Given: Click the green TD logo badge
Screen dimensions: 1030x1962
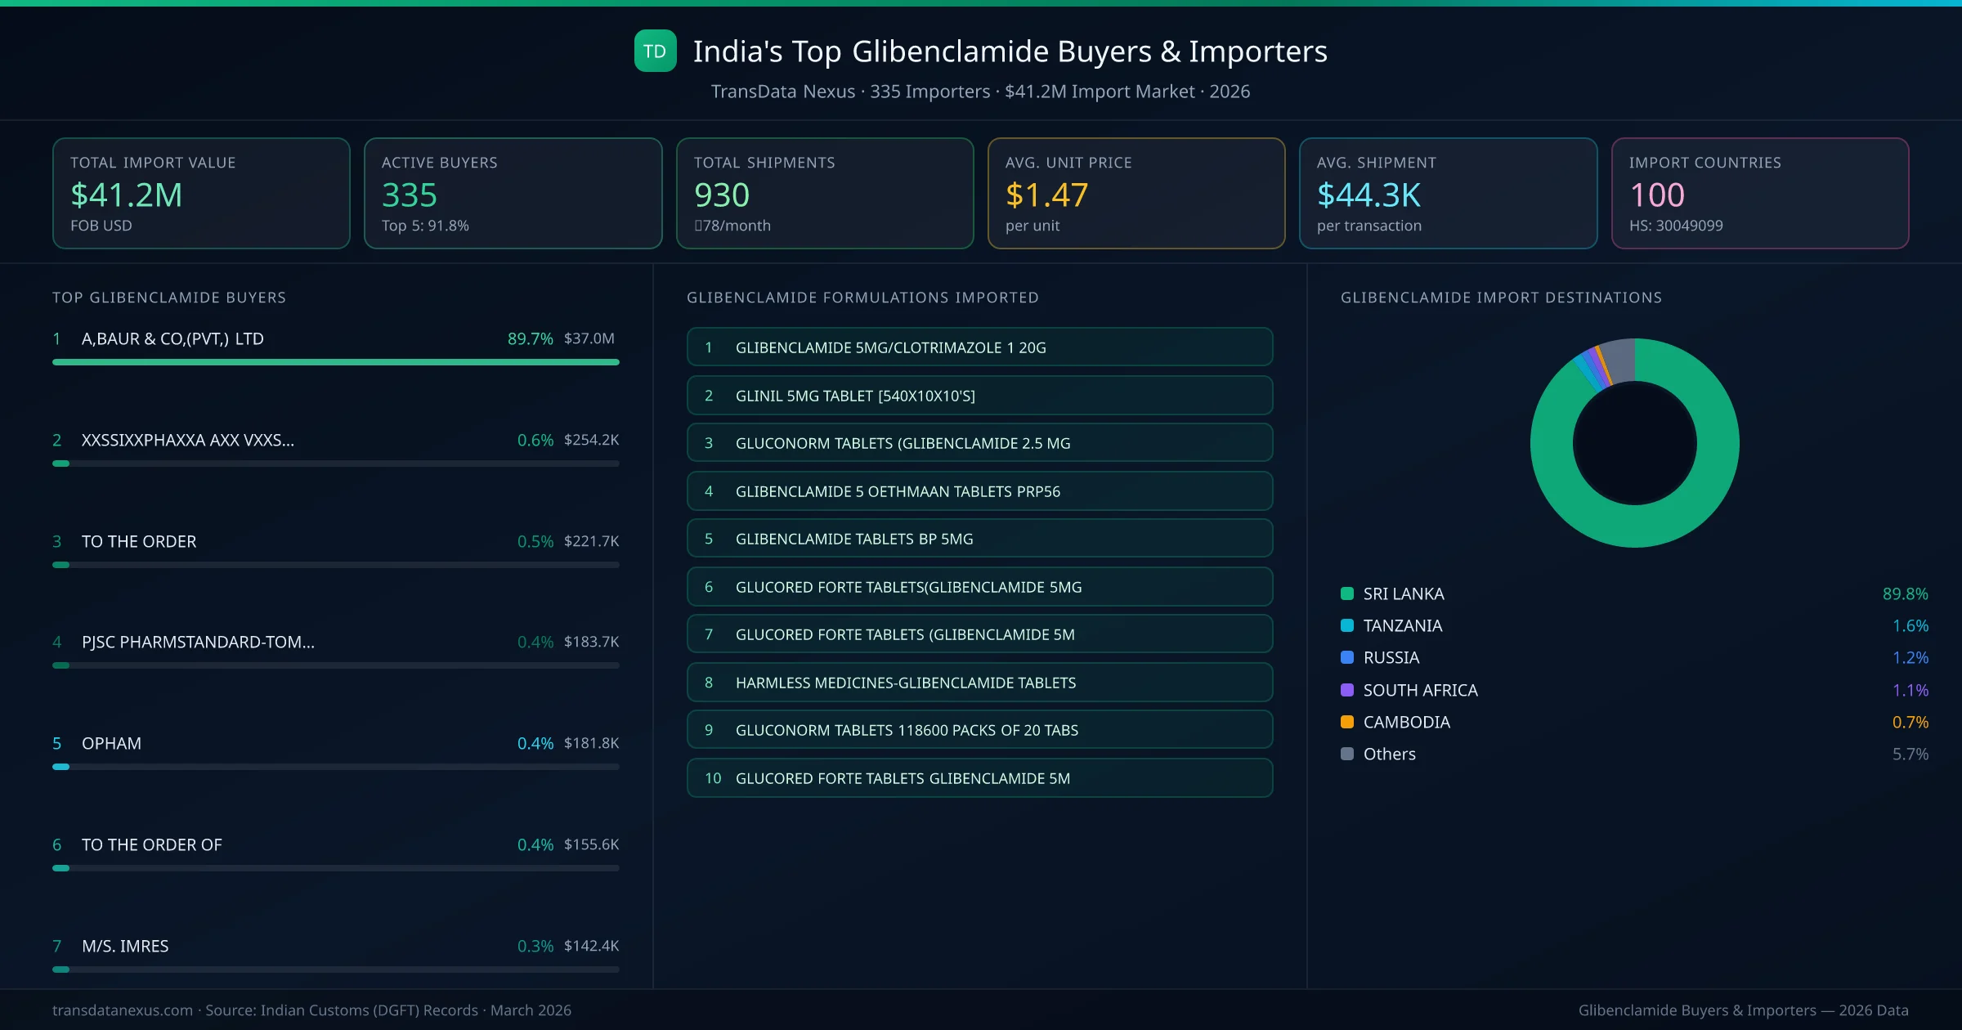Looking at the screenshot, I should coord(655,51).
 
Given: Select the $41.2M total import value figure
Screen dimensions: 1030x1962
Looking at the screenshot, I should coord(126,195).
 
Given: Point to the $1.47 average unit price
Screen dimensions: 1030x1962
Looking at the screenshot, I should coord(1046,195).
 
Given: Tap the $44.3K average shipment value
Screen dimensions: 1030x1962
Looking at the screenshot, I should coord(1368,195).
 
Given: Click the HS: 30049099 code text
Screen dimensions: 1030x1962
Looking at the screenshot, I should coord(1675,226).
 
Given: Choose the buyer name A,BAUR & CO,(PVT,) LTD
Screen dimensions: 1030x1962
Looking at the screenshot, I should coord(172,338).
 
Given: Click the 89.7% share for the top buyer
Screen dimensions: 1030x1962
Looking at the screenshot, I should coord(530,338).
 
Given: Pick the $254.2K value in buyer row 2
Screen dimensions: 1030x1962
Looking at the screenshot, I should coord(591,440).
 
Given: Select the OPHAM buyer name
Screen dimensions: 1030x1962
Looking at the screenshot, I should coord(111,743).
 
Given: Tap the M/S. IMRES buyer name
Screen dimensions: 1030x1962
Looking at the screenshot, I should coord(125,946).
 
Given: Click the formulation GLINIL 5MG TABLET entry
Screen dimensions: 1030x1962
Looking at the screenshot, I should coord(855,396).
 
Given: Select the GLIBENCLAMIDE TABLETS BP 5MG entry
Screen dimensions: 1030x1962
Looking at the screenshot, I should coord(854,539).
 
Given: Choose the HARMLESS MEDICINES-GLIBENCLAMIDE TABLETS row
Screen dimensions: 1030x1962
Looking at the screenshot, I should coord(906,683).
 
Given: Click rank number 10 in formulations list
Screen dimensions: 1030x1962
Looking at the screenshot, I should coord(713,778).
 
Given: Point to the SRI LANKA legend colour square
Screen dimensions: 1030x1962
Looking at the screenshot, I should coord(1347,593).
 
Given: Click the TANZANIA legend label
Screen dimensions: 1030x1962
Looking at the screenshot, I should coord(1403,625).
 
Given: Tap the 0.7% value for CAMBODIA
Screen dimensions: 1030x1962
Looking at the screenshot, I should coord(1910,722).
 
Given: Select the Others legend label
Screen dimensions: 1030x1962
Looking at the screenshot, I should coord(1390,754).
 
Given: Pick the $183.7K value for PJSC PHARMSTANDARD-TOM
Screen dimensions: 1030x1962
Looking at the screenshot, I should coord(591,642).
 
